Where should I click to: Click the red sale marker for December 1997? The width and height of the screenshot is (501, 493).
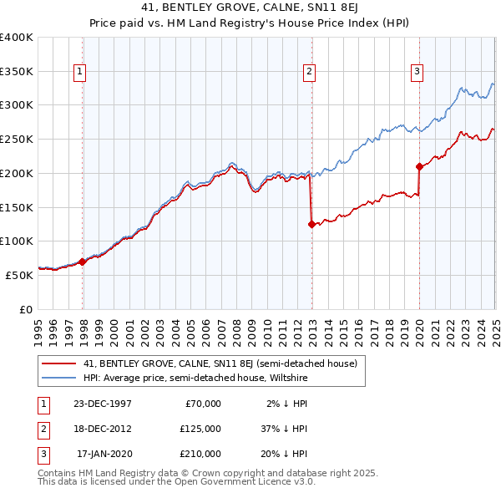(83, 262)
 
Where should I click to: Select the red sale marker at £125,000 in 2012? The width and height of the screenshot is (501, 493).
(311, 224)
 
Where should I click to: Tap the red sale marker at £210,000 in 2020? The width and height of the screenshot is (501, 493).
(419, 166)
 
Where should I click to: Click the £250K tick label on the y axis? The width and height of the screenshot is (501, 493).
(17, 139)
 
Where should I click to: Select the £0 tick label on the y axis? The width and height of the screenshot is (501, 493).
(25, 309)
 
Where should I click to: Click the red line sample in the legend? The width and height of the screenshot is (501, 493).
(58, 363)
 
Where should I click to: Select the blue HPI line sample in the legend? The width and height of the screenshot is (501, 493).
(58, 377)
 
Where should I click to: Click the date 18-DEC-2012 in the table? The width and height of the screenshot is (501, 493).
(102, 429)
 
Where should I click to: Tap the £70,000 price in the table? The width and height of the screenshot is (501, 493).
(202, 404)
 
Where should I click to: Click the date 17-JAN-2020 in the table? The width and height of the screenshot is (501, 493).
(104, 454)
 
